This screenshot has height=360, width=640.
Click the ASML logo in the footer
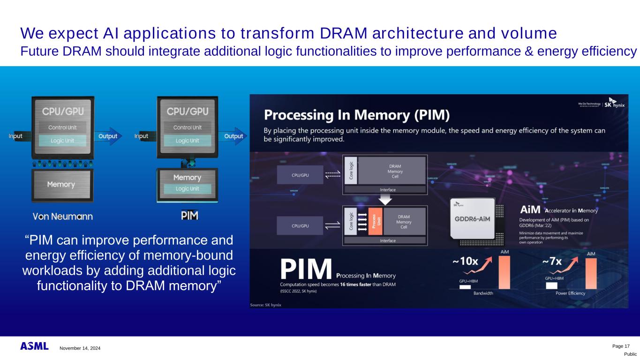coord(34,346)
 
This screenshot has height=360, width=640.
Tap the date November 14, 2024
coord(80,348)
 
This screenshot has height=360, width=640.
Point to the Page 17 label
coord(621,346)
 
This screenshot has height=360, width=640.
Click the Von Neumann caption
coord(62,216)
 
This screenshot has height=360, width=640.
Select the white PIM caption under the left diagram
coord(189,216)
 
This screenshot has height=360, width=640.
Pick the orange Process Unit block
coord(375,221)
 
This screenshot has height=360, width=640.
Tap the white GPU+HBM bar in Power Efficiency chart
coord(551,285)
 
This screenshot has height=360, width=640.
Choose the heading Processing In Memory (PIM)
coord(356,115)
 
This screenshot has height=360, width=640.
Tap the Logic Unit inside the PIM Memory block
coord(188,189)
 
